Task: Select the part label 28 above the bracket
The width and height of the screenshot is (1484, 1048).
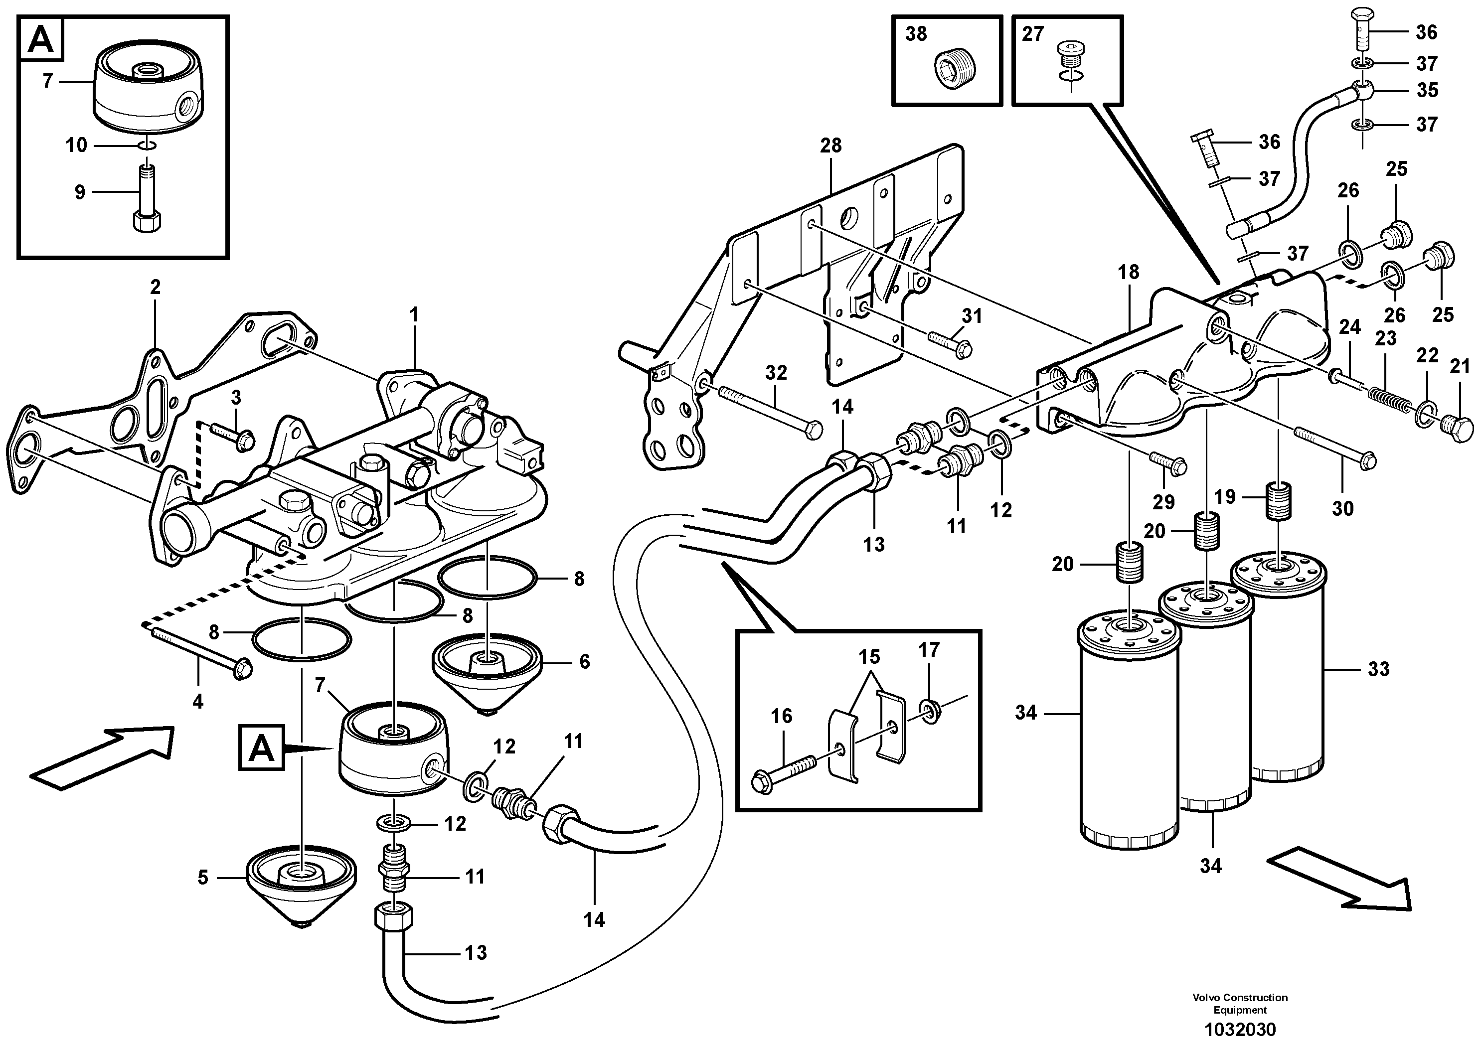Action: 831,146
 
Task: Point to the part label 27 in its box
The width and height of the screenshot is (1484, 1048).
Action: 1032,33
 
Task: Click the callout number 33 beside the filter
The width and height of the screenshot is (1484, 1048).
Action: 1379,669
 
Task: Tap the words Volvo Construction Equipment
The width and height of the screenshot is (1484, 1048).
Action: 1240,1004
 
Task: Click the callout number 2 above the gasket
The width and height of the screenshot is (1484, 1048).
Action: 155,287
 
